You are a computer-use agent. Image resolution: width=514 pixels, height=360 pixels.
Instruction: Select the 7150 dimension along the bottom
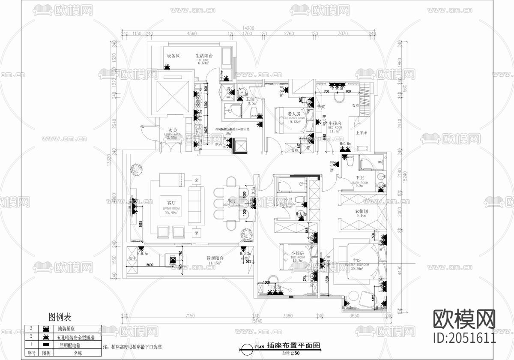[190, 316]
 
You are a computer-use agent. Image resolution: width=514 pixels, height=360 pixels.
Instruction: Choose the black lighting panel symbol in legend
[45, 344]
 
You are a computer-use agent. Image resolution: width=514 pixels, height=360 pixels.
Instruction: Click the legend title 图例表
[60, 317]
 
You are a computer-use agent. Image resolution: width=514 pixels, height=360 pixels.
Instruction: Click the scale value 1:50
[295, 353]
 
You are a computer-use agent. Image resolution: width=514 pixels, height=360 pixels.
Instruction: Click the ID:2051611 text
[465, 337]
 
